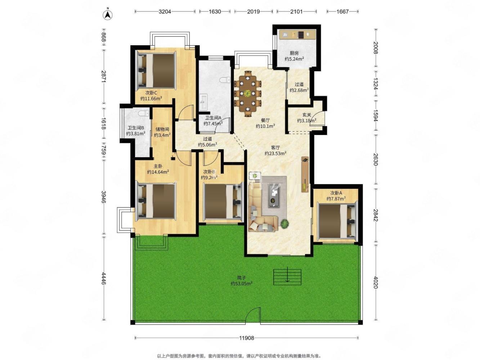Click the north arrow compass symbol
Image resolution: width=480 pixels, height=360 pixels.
(108, 15)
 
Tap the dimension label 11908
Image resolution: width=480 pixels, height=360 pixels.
(246, 338)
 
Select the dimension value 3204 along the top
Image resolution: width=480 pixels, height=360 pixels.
(165, 12)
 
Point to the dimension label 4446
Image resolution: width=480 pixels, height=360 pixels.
(104, 278)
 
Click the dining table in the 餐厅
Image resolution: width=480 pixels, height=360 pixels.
(247, 93)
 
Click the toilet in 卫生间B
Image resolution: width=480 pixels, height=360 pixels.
(144, 113)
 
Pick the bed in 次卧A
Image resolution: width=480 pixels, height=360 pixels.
(337, 221)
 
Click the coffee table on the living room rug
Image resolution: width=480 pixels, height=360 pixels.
(274, 195)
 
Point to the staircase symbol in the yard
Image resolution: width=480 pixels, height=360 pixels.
(287, 277)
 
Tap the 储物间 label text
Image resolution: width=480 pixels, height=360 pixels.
(162, 129)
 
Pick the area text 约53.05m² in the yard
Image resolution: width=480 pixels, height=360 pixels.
(241, 284)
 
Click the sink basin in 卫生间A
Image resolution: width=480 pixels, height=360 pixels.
(203, 102)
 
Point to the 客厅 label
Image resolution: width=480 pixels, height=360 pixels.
(275, 148)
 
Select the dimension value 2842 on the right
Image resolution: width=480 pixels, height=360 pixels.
(375, 215)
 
